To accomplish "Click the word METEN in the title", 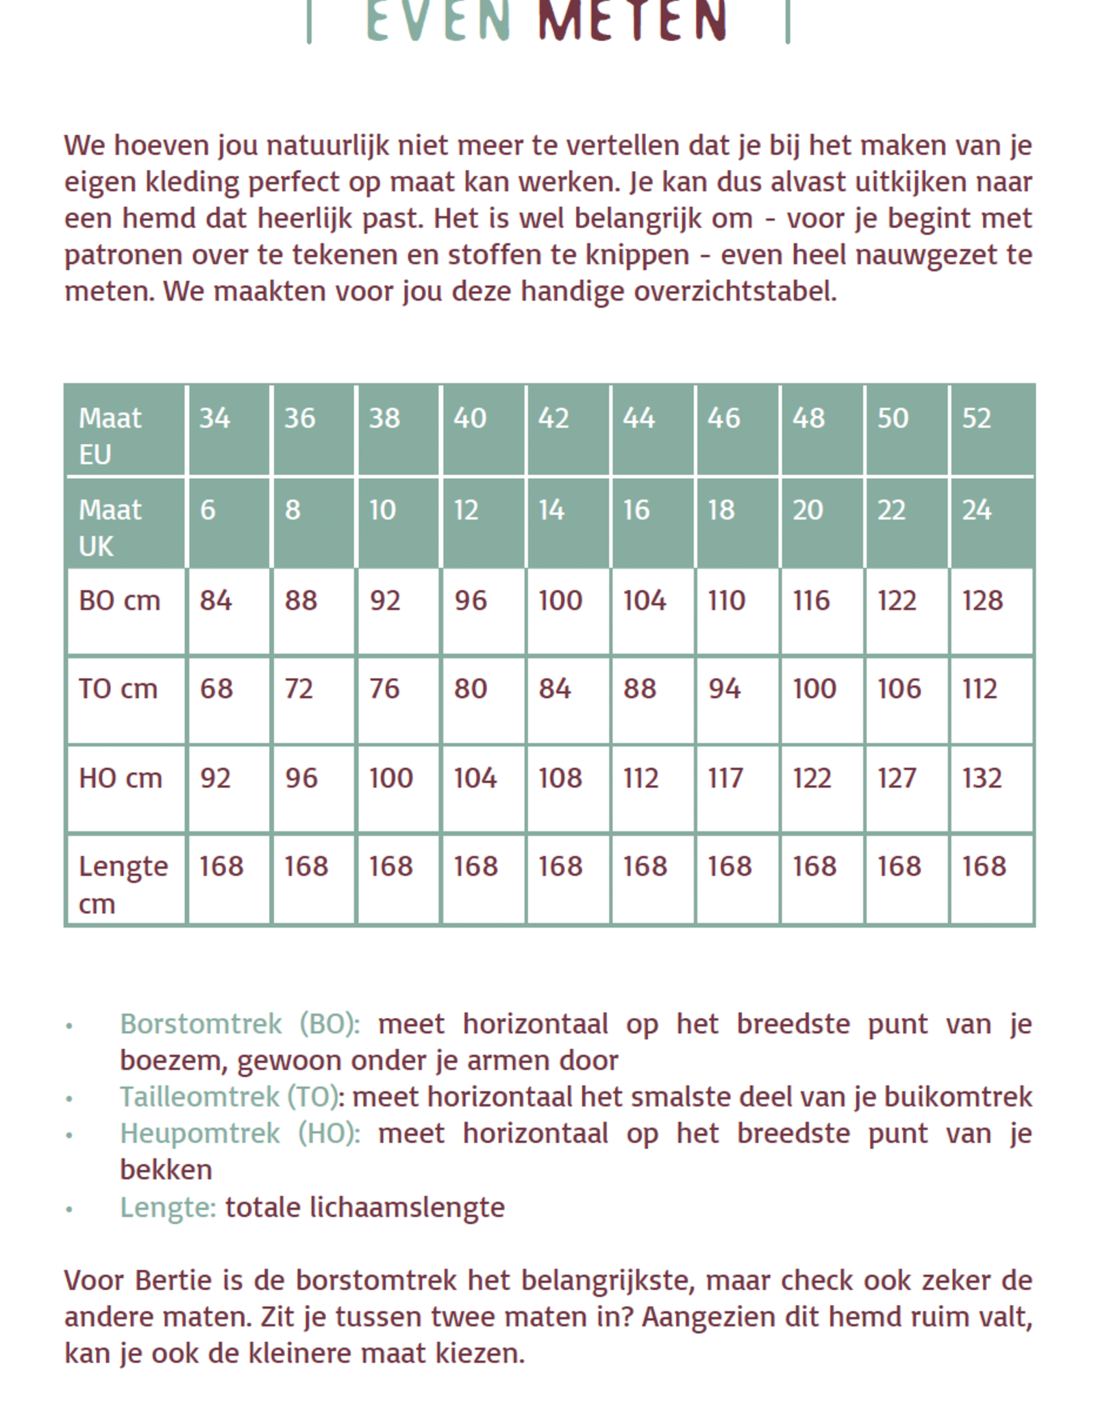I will tap(632, 21).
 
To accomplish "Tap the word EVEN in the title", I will tap(438, 21).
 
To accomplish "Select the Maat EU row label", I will tap(110, 435).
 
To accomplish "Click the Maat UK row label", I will tap(110, 527).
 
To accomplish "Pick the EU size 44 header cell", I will tap(638, 418).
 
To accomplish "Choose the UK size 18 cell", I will tap(721, 510).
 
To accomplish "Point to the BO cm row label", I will tap(119, 601).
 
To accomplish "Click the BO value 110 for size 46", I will tap(726, 601).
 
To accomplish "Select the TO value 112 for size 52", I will tap(980, 688).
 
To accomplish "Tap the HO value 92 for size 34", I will tap(215, 778).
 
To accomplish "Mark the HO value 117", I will tap(725, 778).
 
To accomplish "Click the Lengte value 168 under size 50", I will tap(899, 866).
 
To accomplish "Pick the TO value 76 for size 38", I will tap(384, 688).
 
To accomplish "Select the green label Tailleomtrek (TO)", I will tap(229, 1097).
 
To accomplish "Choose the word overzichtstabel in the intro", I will tap(734, 291).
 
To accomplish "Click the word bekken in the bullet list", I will tap(166, 1169).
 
